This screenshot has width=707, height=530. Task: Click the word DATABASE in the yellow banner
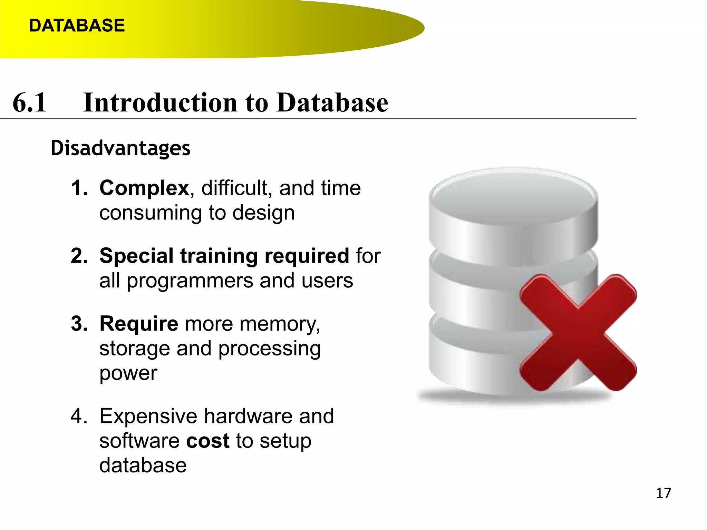77,26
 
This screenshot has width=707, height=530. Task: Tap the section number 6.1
29,102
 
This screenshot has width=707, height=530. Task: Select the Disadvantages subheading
120,148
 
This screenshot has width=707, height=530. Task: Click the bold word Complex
144,188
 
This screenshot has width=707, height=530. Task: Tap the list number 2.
79,256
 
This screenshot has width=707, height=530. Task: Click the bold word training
219,256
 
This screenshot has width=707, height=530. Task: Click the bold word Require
139,324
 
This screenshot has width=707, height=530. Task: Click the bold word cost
208,441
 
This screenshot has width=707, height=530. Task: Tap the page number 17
663,493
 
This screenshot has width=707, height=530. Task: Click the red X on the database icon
578,333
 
